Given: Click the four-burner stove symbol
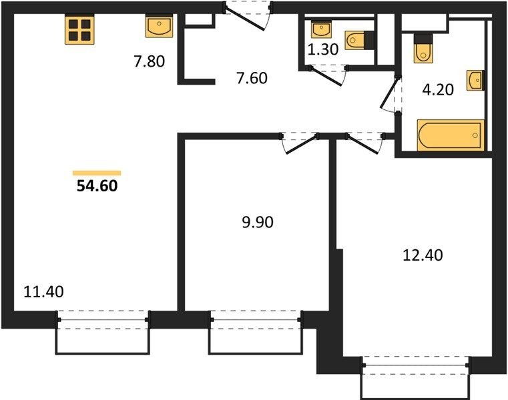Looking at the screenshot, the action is point(79,29).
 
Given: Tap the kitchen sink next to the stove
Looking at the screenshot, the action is point(159,27).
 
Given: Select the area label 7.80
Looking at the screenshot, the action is point(150,61).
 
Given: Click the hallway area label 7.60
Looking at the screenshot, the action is point(252,78).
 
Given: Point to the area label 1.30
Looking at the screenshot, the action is point(322,49).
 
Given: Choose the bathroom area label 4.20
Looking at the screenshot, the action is point(438,89).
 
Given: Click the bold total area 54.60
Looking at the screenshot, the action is point(97,186).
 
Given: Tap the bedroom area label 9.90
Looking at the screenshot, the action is point(258,222).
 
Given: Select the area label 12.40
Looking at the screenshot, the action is point(423,255).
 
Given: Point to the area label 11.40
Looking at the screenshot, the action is point(44,291).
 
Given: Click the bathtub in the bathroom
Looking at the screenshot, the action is point(451,135).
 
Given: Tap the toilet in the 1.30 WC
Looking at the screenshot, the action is point(359,40).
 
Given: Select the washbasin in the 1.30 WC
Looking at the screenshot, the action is point(321,29).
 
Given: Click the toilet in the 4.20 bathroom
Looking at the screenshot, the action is point(423,48).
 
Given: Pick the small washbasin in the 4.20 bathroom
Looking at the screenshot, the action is point(475,81).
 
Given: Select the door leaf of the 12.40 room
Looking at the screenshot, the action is point(362,145).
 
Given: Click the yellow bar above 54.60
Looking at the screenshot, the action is point(97,173).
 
